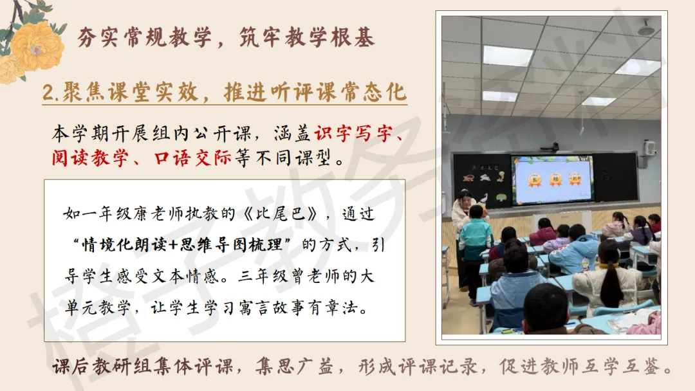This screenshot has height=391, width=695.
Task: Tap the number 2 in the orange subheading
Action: point(48,93)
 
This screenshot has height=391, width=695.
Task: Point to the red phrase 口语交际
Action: point(192,158)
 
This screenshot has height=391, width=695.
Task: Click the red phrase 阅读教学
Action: point(91,158)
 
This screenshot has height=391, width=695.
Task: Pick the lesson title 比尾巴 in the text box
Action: point(281,214)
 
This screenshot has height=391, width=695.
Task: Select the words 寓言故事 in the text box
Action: point(273,307)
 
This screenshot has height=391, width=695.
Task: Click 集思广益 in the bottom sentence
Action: point(294,366)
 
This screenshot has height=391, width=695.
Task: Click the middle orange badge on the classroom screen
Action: point(555,179)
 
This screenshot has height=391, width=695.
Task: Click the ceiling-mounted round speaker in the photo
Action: point(646,28)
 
